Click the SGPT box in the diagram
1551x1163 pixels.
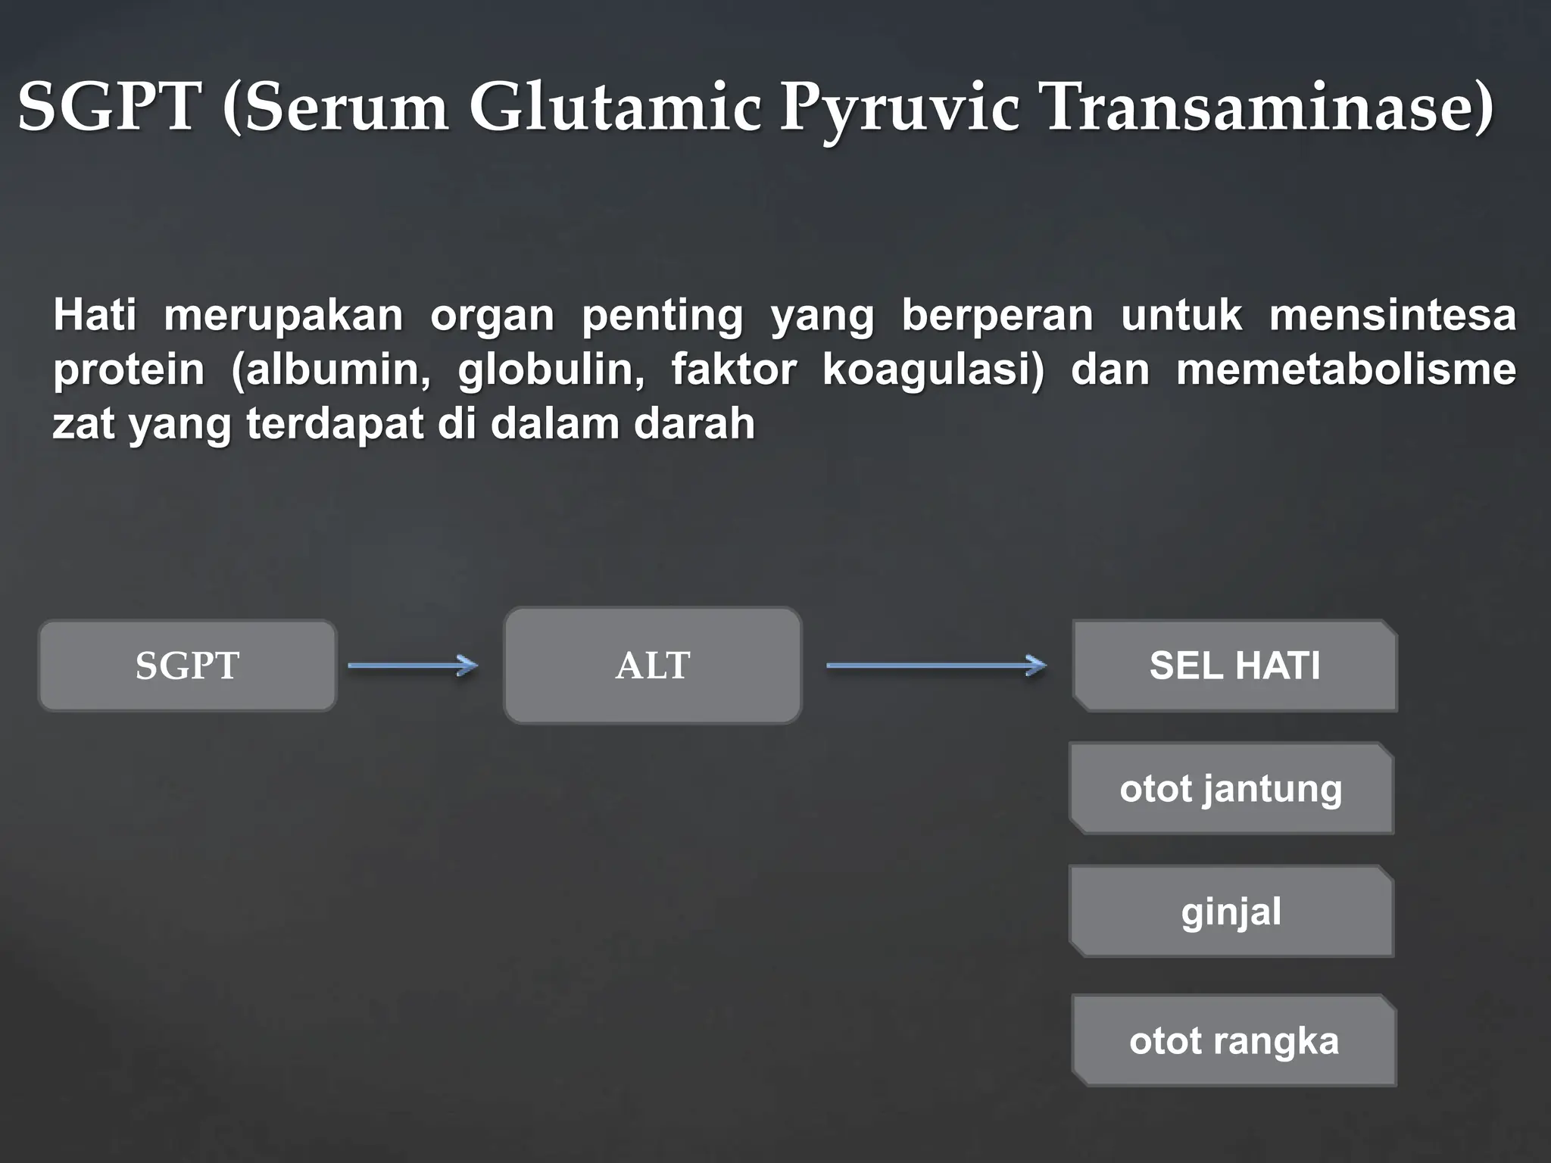[x=187, y=666]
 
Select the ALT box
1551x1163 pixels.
[x=652, y=666]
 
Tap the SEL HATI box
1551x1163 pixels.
[x=1234, y=666]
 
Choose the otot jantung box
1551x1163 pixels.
[x=1231, y=788]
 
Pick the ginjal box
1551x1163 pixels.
[x=1231, y=911]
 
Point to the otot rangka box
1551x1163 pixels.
[x=1234, y=1040]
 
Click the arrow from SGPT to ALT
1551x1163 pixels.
[x=413, y=666]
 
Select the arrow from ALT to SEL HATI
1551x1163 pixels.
[x=936, y=666]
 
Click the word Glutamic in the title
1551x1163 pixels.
[x=614, y=108]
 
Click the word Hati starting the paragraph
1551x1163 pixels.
[x=95, y=315]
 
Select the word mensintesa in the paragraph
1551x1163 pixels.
[x=1393, y=315]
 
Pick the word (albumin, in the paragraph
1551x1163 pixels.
[x=331, y=370]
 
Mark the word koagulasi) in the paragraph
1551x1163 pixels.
[x=933, y=370]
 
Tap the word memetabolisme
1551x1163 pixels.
[x=1346, y=370]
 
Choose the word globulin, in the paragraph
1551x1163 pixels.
[x=551, y=370]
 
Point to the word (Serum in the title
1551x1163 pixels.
[x=335, y=108]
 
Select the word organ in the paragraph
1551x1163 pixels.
[x=492, y=315]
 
